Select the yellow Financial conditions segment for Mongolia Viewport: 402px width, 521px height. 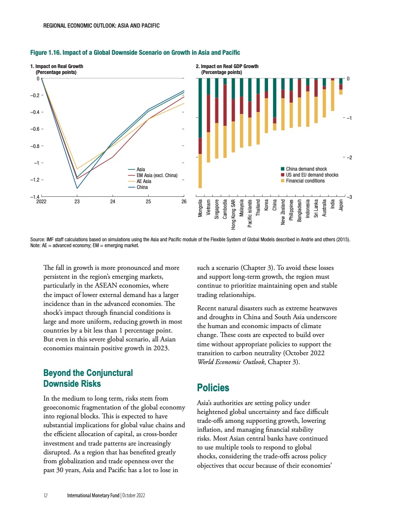pos(200,171)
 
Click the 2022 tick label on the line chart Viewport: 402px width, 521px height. pos(42,202)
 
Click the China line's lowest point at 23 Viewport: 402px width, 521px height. pos(77,188)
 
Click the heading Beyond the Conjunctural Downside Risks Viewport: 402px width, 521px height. pos(88,378)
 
